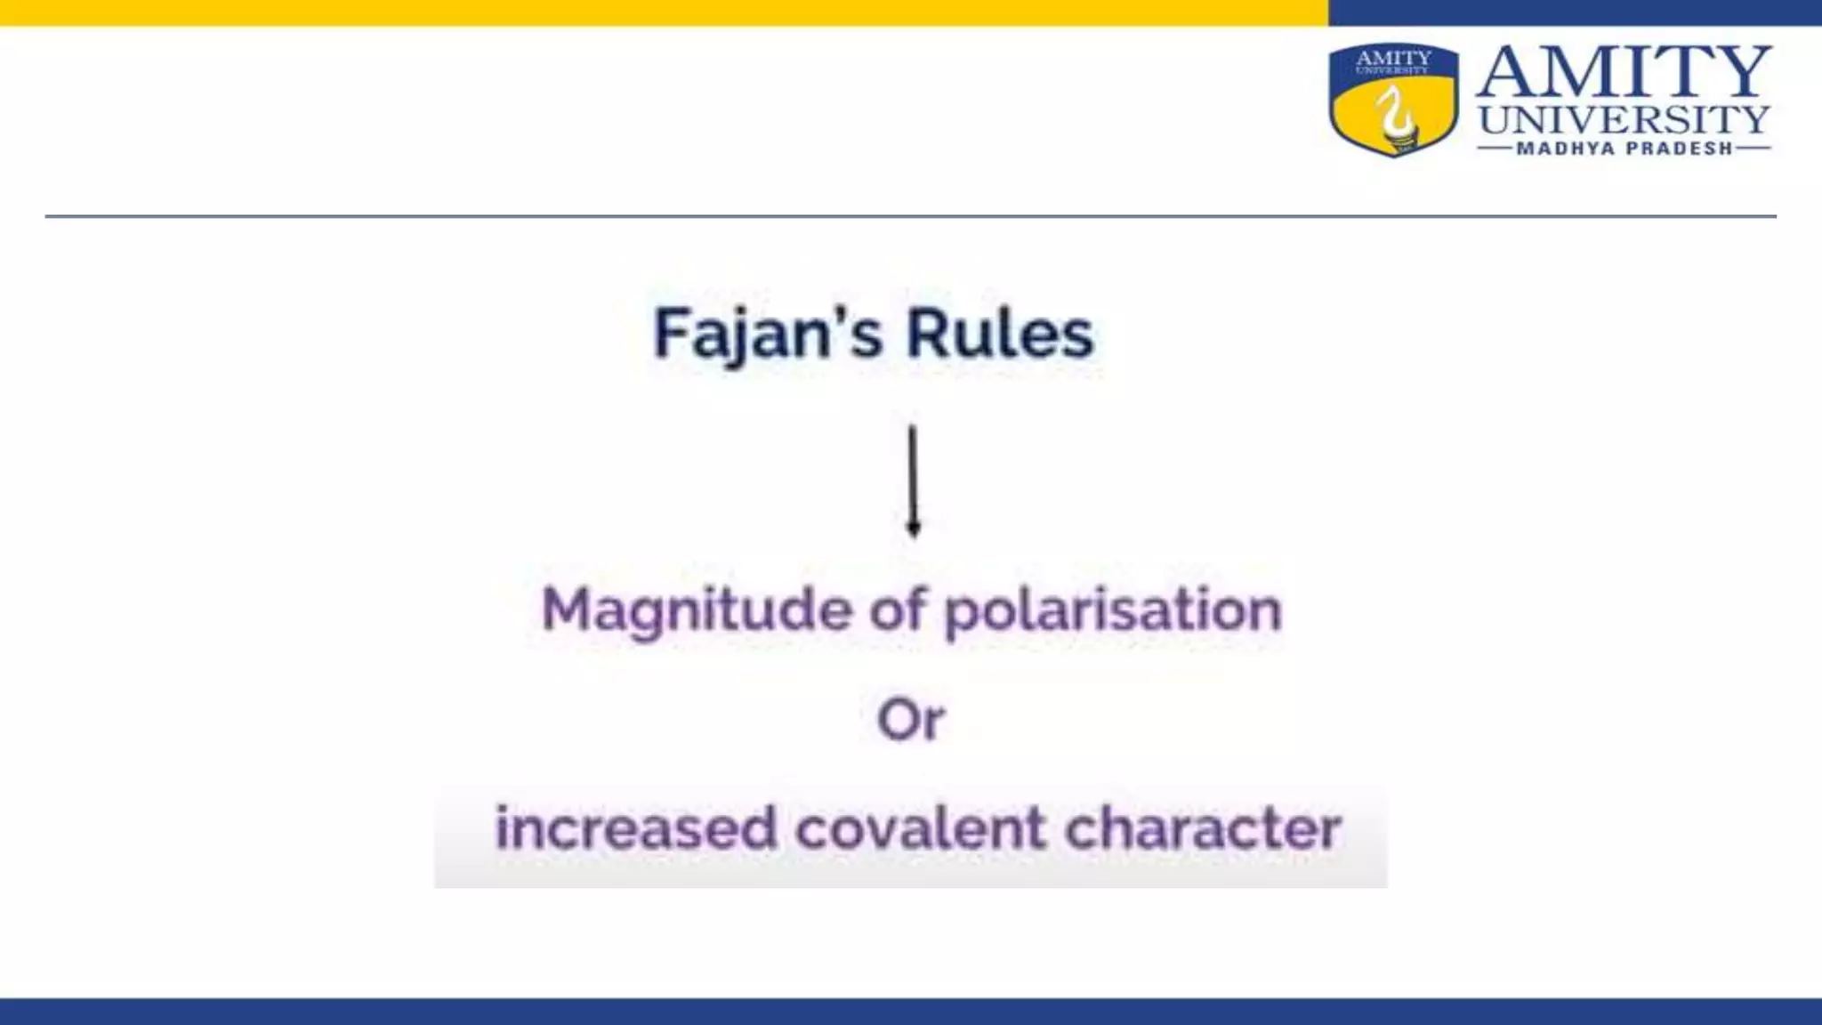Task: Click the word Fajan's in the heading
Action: tap(768, 334)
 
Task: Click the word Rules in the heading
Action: tap(1000, 334)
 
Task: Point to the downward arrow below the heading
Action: tap(913, 480)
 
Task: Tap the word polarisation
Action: tap(1112, 611)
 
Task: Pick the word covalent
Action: tap(921, 827)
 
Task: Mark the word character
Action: tap(1203, 827)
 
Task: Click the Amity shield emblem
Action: tap(1393, 100)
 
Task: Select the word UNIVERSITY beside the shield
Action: tap(1624, 119)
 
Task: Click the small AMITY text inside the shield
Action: tap(1393, 58)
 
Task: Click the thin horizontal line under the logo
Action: tap(911, 216)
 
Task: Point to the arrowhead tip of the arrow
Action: tap(913, 533)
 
